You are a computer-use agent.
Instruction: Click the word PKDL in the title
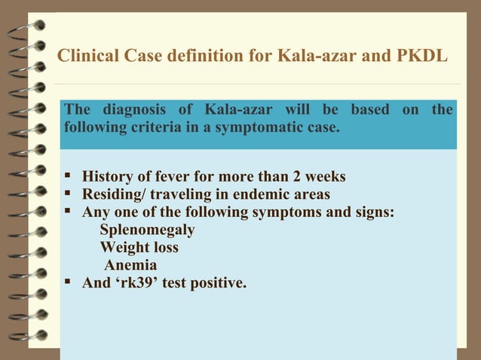click(421, 56)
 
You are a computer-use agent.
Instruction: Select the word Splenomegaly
click(147, 230)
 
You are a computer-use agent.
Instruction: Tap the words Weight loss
click(139, 248)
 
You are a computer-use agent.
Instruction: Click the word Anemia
click(130, 266)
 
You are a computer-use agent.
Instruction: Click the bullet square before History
click(69, 177)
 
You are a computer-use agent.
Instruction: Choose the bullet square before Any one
click(69, 213)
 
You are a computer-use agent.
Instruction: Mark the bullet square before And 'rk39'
click(69, 284)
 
